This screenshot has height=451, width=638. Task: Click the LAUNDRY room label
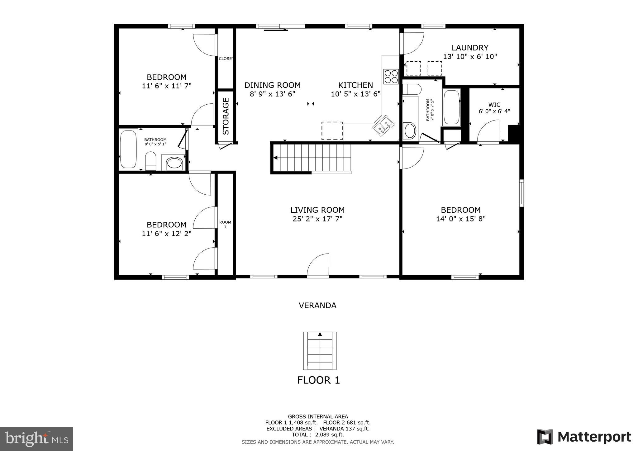pos(470,48)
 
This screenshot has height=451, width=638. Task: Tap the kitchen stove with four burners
pos(391,76)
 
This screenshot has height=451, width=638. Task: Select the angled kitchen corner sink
pos(383,125)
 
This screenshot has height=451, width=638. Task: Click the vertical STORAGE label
pos(226,116)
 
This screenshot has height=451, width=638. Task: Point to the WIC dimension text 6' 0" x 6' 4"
pos(494,111)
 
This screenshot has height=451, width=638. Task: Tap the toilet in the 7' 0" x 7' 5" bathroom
pos(411,89)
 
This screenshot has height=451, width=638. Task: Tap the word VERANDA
pos(317,306)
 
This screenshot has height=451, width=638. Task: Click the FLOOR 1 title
pos(318,380)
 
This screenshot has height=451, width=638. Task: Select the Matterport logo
pos(584,437)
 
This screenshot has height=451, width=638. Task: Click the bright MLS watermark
pos(36,439)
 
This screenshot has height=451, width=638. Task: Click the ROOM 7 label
pos(225,224)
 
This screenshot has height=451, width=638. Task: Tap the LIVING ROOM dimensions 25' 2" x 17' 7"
pos(317,219)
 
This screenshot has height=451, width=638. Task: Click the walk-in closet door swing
pos(488,132)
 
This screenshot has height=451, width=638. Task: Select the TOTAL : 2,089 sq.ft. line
pos(317,435)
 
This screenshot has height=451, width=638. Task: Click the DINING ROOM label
pos(272,85)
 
